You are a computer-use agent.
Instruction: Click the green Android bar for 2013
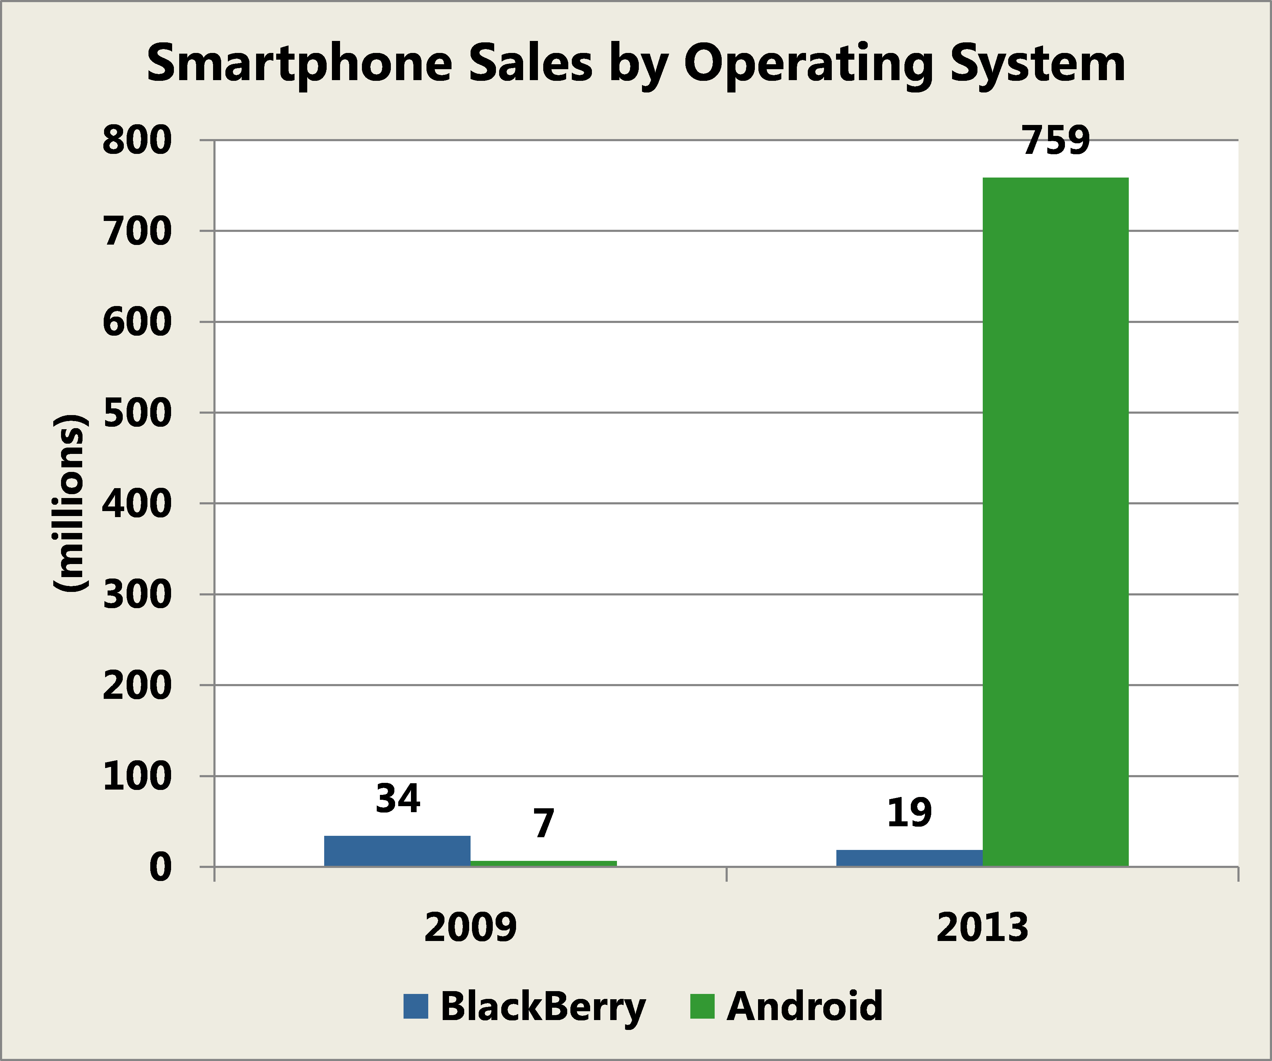[1055, 521]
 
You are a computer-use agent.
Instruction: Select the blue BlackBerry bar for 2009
[397, 851]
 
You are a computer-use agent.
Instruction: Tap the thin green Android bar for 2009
[543, 863]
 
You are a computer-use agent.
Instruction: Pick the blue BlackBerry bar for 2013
[909, 858]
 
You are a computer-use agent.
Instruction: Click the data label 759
[1056, 141]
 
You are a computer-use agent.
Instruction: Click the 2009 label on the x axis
[470, 927]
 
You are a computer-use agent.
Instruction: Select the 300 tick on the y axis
[137, 595]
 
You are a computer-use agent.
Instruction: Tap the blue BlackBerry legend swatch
[416, 1006]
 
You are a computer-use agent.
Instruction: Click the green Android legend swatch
[702, 1006]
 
